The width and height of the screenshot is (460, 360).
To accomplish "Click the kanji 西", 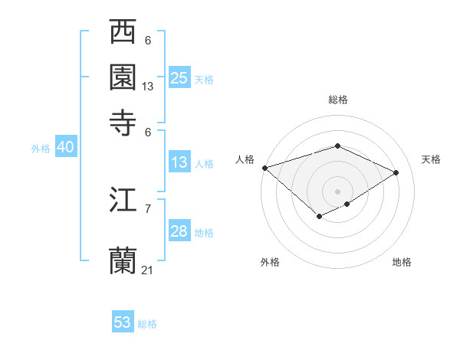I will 123,33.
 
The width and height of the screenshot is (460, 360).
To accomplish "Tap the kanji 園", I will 123,77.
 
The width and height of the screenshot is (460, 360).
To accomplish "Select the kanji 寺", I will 123,123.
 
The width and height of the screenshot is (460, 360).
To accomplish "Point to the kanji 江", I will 123,200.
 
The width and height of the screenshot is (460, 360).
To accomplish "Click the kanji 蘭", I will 123,260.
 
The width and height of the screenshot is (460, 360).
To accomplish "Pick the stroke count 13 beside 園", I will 148,87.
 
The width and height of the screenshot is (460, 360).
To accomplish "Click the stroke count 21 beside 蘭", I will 148,270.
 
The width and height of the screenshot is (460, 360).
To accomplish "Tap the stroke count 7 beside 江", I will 148,208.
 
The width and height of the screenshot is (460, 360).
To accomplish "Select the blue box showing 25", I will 179,78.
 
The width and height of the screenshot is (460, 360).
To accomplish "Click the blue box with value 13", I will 179,162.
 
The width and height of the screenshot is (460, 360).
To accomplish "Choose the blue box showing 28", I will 179,231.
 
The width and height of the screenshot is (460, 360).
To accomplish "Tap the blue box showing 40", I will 65,148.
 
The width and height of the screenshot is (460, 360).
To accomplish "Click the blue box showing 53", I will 123,322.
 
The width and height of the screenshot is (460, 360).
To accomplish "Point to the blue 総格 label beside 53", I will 147,324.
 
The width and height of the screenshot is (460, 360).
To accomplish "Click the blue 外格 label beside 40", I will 41,149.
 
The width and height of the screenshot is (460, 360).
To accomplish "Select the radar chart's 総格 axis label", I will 337,100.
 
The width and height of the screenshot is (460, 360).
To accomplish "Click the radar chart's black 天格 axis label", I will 431,159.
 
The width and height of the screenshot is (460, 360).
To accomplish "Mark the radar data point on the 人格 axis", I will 264,167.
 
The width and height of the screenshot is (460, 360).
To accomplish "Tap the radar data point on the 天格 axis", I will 396,172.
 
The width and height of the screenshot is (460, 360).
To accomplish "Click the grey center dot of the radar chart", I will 337,191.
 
